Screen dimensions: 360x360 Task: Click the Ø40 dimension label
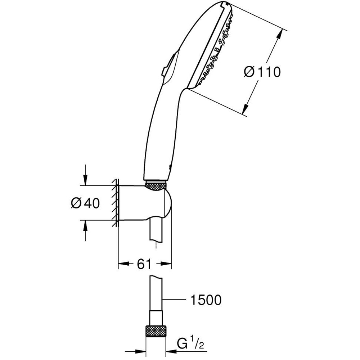(x=85, y=203)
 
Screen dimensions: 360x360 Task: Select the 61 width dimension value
(x=144, y=265)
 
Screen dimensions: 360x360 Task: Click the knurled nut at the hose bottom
(x=156, y=332)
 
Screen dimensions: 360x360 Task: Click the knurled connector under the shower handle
(x=156, y=185)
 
